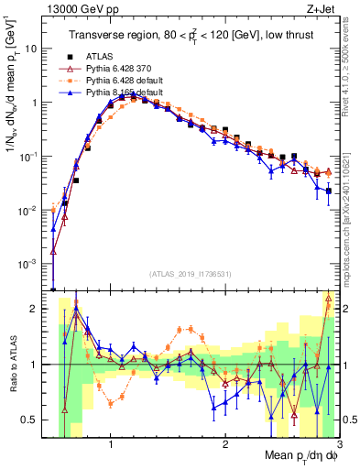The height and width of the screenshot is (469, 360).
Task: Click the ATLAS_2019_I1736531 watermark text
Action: click(191, 274)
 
